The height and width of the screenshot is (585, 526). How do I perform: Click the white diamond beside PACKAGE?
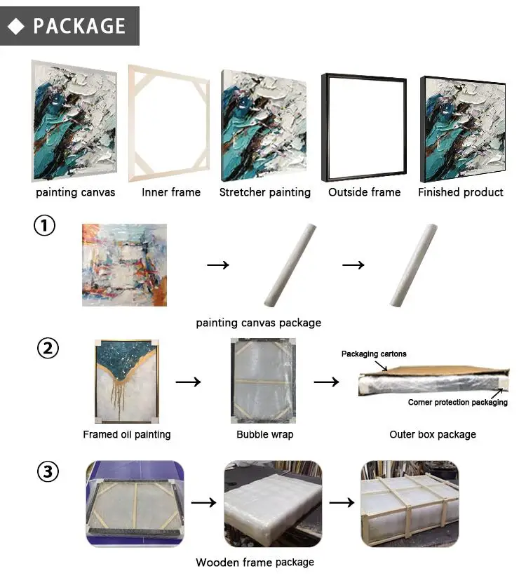click(x=16, y=27)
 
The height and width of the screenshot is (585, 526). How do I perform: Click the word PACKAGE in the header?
click(x=79, y=26)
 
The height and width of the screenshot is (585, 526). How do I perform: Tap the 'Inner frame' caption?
click(x=171, y=192)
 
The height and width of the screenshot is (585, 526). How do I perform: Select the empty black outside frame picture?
click(x=364, y=127)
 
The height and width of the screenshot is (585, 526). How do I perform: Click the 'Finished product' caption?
click(x=460, y=192)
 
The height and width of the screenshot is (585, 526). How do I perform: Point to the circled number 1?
click(x=45, y=225)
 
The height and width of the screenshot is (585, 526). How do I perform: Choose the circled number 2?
click(x=48, y=348)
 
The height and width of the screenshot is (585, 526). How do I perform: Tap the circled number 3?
click(x=48, y=471)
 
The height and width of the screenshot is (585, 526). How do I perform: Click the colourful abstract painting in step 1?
click(x=125, y=265)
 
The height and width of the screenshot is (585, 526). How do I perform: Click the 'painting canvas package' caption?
click(x=259, y=323)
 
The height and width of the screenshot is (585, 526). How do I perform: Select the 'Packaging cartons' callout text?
click(x=374, y=354)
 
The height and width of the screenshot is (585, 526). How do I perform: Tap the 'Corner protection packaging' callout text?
click(x=458, y=402)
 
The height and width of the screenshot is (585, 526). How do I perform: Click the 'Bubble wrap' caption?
click(x=265, y=434)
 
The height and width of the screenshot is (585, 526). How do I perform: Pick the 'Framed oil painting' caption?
click(x=127, y=435)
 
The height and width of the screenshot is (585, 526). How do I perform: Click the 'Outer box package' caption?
click(x=433, y=435)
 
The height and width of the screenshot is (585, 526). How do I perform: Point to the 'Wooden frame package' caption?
click(x=255, y=563)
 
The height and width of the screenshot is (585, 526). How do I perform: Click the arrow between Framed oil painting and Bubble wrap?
click(x=189, y=382)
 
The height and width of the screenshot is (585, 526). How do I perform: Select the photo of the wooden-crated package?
click(x=410, y=504)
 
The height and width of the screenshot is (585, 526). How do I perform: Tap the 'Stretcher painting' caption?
click(x=265, y=192)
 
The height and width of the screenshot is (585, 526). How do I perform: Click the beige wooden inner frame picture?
click(x=169, y=123)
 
